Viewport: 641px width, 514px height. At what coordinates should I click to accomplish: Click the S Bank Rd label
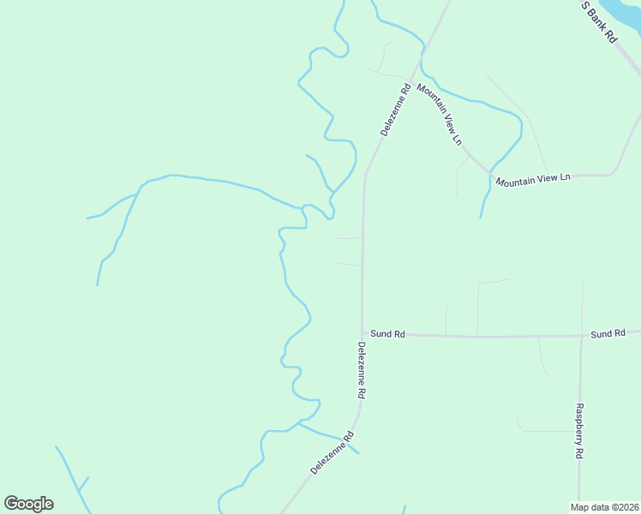599,21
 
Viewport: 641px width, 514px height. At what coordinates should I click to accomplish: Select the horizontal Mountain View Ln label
532,179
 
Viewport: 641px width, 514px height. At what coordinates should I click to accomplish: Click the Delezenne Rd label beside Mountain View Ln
395,109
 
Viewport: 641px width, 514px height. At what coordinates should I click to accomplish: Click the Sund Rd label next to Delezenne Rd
387,334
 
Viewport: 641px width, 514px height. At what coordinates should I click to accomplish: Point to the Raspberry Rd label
580,430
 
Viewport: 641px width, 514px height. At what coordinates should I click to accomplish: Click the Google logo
28,504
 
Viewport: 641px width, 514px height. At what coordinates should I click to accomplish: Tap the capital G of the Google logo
11,503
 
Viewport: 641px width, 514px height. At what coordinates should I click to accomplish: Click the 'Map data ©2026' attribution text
605,506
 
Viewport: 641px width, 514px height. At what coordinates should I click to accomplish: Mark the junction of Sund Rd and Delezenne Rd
362,333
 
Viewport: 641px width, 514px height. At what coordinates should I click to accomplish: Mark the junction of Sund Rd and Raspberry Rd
581,336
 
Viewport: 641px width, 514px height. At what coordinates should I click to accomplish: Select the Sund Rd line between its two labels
497,337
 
